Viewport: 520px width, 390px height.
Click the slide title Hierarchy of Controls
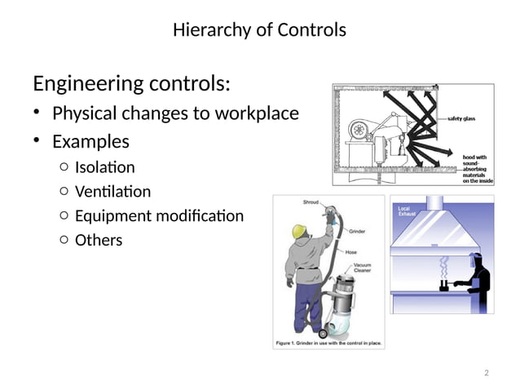click(x=259, y=30)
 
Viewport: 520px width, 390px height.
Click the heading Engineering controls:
click(x=131, y=83)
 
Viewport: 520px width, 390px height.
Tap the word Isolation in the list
click(x=104, y=167)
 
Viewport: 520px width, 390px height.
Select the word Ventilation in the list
click(x=112, y=192)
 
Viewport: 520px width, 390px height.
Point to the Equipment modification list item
click(x=159, y=216)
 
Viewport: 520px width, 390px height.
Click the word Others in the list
click(x=98, y=240)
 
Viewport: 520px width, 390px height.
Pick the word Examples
click(x=90, y=141)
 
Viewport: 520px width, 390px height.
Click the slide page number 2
click(x=486, y=373)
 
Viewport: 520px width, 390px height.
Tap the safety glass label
click(x=462, y=118)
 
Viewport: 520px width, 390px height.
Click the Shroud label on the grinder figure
click(x=311, y=202)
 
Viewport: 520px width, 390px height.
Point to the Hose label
click(x=351, y=252)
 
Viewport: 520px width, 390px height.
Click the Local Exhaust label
click(x=407, y=211)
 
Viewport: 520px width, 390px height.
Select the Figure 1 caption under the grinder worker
click(x=328, y=343)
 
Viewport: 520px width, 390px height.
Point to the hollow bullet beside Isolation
click(x=64, y=168)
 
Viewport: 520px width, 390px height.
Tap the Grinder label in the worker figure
click(x=358, y=232)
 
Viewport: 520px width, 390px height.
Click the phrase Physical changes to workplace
click(x=175, y=113)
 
